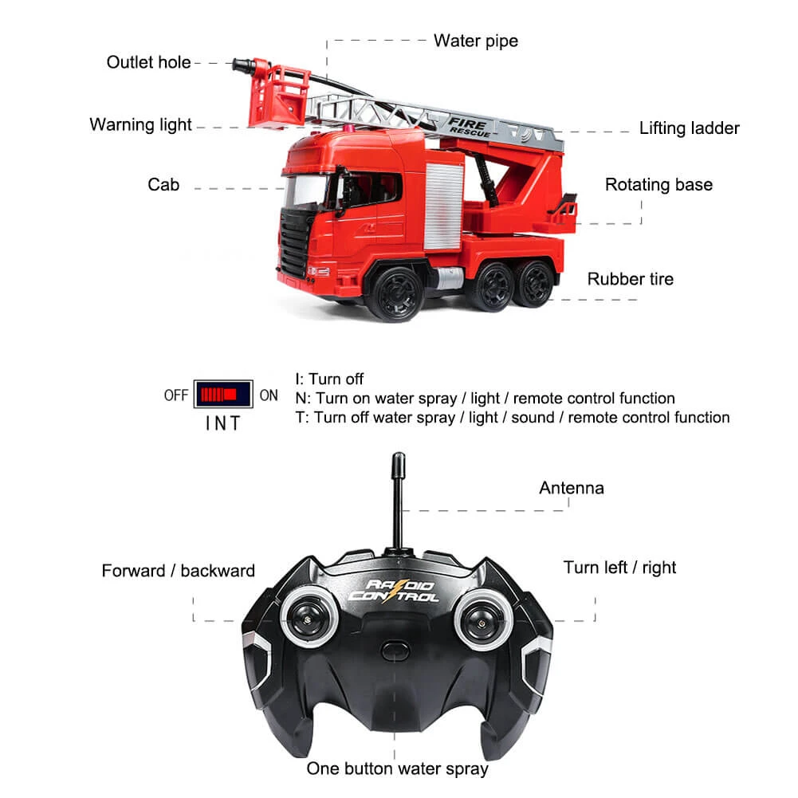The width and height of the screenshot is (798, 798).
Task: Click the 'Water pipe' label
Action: click(x=475, y=40)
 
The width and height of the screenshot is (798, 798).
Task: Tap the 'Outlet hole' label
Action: click(x=148, y=62)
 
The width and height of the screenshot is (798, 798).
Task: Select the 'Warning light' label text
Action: click(x=140, y=124)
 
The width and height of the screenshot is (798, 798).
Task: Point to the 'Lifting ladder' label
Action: click(x=689, y=128)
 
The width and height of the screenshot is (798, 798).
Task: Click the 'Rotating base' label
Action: click(x=658, y=185)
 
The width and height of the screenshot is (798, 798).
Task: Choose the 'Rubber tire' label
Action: click(x=630, y=279)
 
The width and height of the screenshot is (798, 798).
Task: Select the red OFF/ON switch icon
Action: click(x=222, y=395)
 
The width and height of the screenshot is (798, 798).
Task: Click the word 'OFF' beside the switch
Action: click(x=176, y=395)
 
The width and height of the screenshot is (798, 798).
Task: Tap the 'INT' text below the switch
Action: click(x=222, y=423)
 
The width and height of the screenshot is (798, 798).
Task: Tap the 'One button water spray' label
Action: click(x=397, y=769)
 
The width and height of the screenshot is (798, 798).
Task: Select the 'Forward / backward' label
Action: click(x=178, y=571)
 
